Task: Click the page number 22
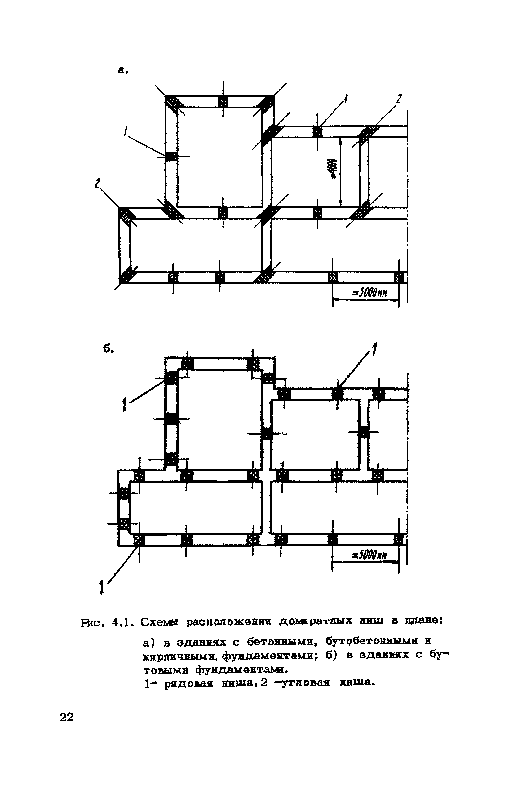pyautogui.click(x=67, y=717)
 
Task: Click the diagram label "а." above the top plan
pyautogui.click(x=122, y=70)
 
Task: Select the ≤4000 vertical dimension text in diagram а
pyautogui.click(x=334, y=169)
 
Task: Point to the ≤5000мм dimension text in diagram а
pyautogui.click(x=369, y=293)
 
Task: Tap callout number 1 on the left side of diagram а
pyautogui.click(x=126, y=131)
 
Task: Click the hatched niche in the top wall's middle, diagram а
pyautogui.click(x=223, y=101)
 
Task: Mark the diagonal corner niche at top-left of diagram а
pyautogui.click(x=174, y=103)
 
